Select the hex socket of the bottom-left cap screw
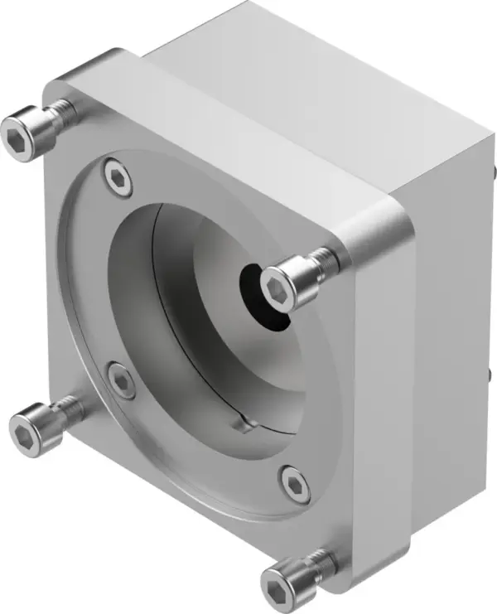pyautogui.click(x=27, y=430)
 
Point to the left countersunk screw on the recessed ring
pyautogui.click(x=121, y=380)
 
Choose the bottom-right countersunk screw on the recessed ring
pyautogui.click(x=293, y=483)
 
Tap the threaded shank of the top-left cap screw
pyautogui.click(x=61, y=114)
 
